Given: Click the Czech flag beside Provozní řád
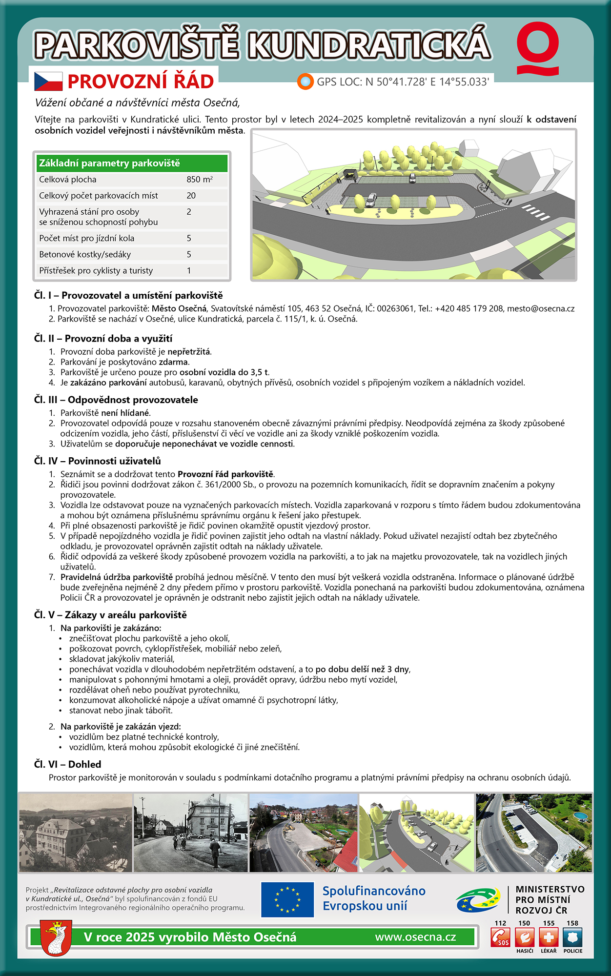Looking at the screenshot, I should (x=48, y=81).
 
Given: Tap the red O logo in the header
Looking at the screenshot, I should (x=538, y=48).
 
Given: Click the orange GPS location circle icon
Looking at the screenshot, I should (x=305, y=81).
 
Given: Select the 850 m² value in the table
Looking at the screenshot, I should (x=199, y=180).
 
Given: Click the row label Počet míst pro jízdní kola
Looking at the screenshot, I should (x=87, y=238).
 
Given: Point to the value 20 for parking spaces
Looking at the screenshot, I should (x=191, y=196).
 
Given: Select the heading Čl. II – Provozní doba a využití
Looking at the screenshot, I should (x=103, y=339).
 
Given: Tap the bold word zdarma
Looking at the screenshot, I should (x=173, y=362).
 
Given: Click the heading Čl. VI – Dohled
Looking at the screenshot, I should (x=68, y=764).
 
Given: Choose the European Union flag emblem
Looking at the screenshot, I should (x=287, y=899).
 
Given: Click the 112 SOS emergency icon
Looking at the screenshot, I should (x=501, y=937).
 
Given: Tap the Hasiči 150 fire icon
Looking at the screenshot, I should (x=524, y=937).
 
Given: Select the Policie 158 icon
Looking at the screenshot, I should (x=572, y=937).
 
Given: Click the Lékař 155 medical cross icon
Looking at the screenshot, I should (x=549, y=937).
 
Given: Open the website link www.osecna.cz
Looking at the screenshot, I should (x=415, y=937).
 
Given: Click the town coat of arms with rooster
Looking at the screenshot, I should (x=56, y=937).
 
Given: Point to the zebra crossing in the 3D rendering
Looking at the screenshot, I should (x=536, y=212).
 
